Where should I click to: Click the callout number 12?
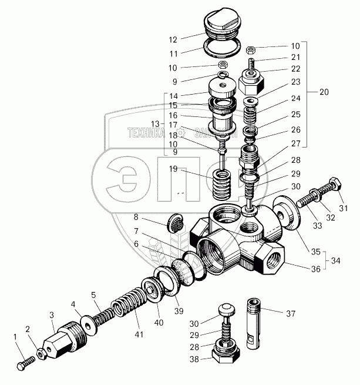click(173, 41)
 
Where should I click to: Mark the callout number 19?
click(173, 170)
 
